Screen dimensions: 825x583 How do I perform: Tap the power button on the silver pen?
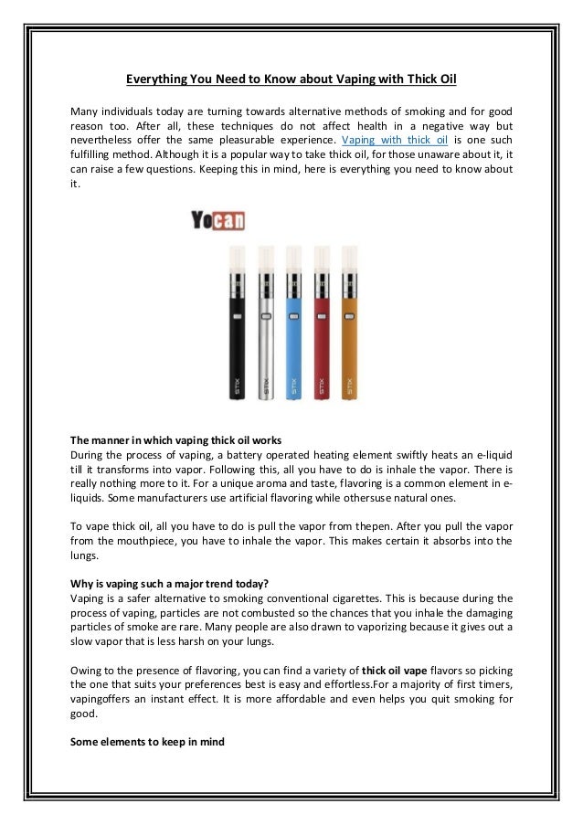click(x=266, y=317)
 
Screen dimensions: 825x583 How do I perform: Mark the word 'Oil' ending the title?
click(x=446, y=79)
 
